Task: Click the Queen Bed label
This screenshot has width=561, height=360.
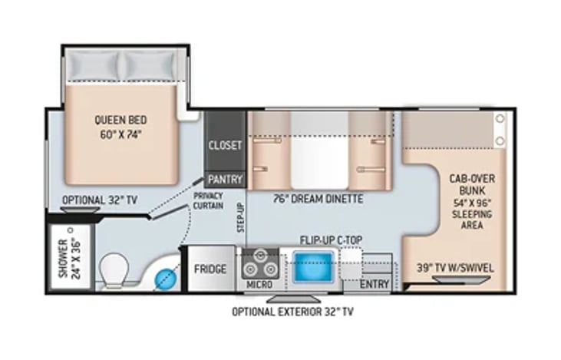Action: click(x=121, y=120)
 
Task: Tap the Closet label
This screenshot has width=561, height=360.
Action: click(x=225, y=145)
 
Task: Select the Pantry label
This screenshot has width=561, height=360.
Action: click(x=225, y=180)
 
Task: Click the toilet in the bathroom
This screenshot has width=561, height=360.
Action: click(x=114, y=271)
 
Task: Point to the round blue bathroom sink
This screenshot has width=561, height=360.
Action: click(x=166, y=279)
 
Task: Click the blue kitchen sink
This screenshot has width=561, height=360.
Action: click(x=313, y=266)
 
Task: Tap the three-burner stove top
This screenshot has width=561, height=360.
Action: click(x=260, y=264)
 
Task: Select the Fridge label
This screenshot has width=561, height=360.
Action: click(x=210, y=269)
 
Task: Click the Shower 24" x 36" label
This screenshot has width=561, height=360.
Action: click(x=70, y=258)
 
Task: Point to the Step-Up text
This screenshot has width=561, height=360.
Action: click(x=241, y=217)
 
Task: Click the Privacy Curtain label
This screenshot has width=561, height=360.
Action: click(x=208, y=201)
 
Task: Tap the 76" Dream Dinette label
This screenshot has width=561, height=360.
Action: click(x=318, y=199)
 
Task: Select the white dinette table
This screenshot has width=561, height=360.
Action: click(x=319, y=150)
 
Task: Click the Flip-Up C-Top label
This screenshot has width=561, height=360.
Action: click(x=331, y=240)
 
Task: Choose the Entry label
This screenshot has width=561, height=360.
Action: click(x=375, y=284)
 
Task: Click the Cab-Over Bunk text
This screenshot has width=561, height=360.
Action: click(x=472, y=184)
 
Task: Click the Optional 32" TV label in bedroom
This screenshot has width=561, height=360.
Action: click(x=100, y=200)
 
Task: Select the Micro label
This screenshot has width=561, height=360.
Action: click(x=259, y=285)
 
